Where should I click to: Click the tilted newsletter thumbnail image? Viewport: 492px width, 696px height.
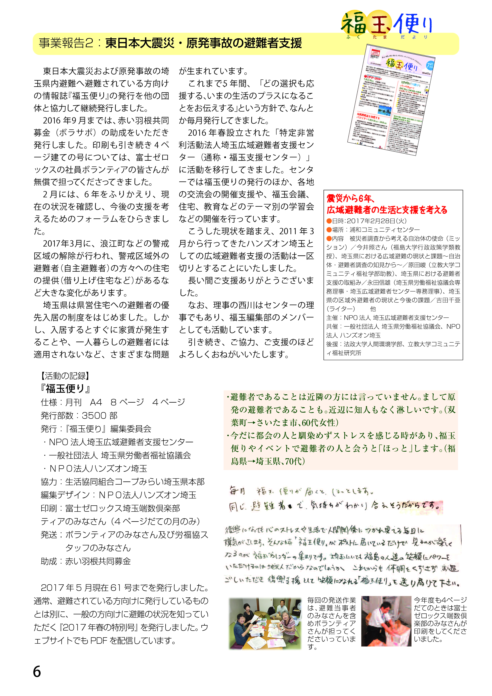tap(391, 100)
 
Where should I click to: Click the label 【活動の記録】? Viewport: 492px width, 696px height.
tap(65, 376)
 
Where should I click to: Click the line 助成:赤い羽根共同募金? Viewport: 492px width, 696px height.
tap(86, 561)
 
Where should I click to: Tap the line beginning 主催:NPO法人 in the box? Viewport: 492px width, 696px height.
tap(387, 318)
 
